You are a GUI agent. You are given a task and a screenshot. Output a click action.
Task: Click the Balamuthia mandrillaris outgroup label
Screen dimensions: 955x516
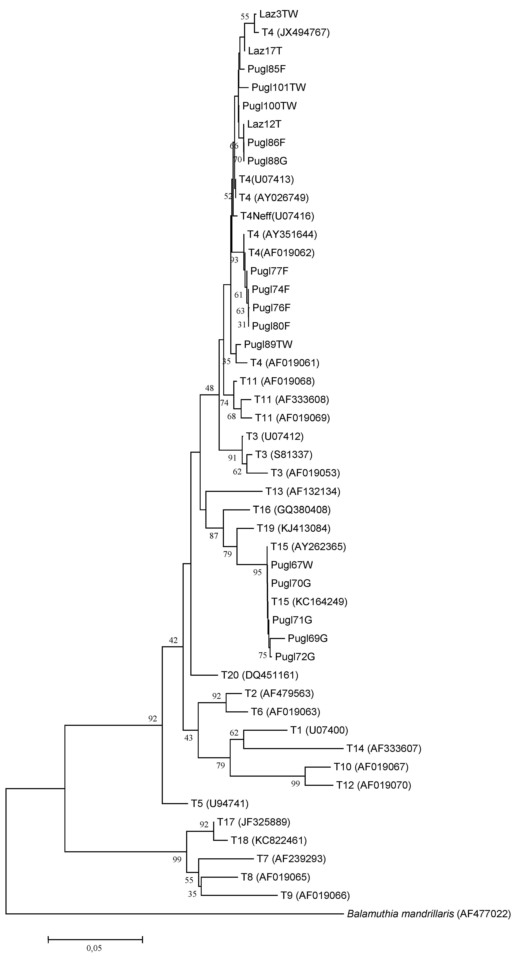[428, 914]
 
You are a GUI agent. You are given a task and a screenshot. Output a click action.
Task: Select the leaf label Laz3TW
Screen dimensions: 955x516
[279, 14]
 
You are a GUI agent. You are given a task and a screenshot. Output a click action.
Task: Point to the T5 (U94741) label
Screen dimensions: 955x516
[219, 803]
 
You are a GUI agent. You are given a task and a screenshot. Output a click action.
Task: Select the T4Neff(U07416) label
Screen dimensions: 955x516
[277, 216]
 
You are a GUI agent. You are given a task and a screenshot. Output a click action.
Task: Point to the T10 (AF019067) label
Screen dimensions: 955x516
[371, 767]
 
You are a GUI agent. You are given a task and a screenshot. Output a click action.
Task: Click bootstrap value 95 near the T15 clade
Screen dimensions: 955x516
[257, 572]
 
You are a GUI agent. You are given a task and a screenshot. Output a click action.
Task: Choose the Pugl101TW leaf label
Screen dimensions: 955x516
[279, 88]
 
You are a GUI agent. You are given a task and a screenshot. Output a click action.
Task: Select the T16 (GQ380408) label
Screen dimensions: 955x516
[292, 510]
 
